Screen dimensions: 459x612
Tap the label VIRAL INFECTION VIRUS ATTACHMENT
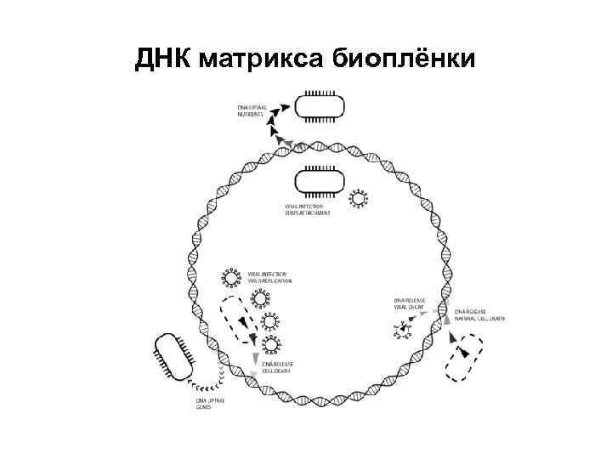[308, 209]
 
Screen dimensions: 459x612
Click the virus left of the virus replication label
[230, 277]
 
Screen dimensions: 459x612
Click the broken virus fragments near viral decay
[403, 330]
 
